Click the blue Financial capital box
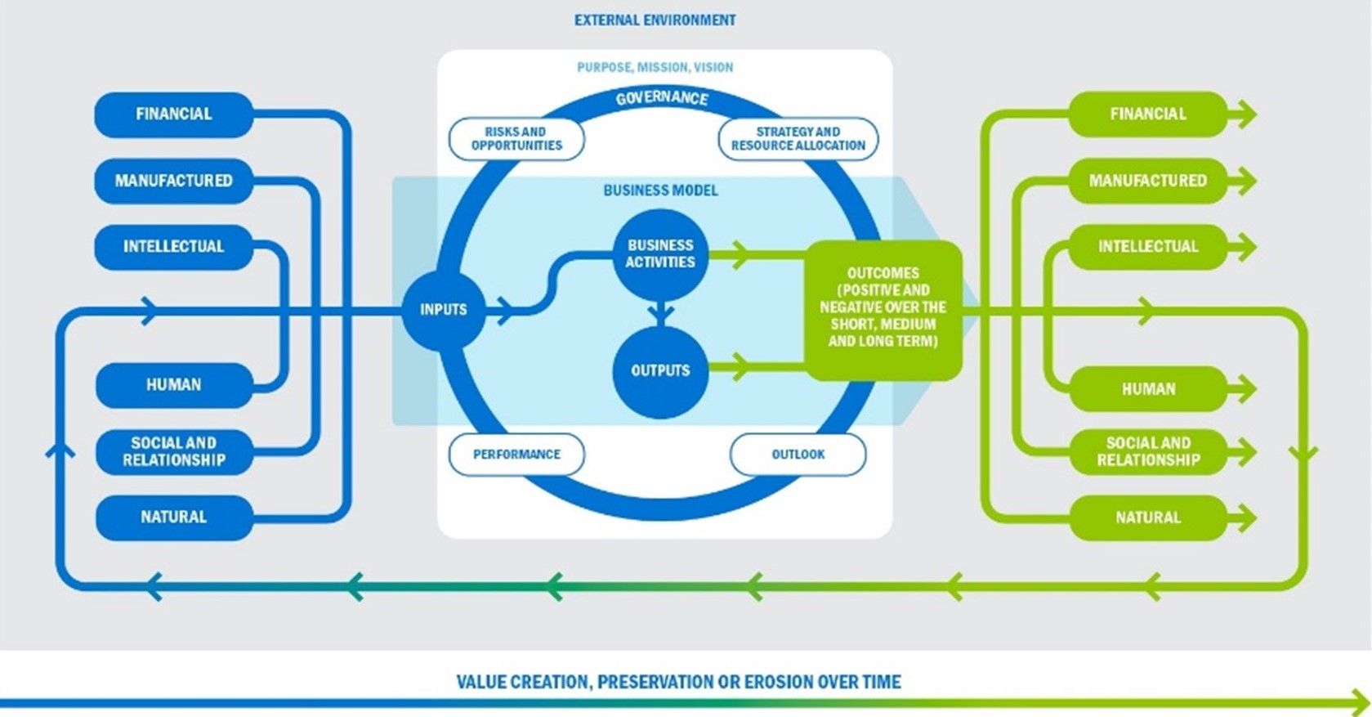click(x=174, y=114)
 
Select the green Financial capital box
click(x=1148, y=114)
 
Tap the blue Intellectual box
click(x=174, y=247)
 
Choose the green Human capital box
click(x=1148, y=389)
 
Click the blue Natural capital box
click(x=174, y=518)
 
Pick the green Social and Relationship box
click(x=1148, y=452)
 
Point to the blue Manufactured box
click(x=174, y=181)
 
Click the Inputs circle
click(x=444, y=310)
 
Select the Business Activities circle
click(x=660, y=254)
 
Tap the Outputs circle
click(x=660, y=371)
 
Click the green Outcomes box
click(x=883, y=310)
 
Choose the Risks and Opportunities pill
click(x=517, y=139)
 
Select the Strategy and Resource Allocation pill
click(x=798, y=139)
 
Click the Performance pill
click(x=517, y=455)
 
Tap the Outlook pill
click(x=798, y=455)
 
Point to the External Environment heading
click(x=655, y=20)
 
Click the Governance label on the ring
click(x=662, y=98)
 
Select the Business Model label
click(x=660, y=190)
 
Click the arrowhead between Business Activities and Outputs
click(x=661, y=314)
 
